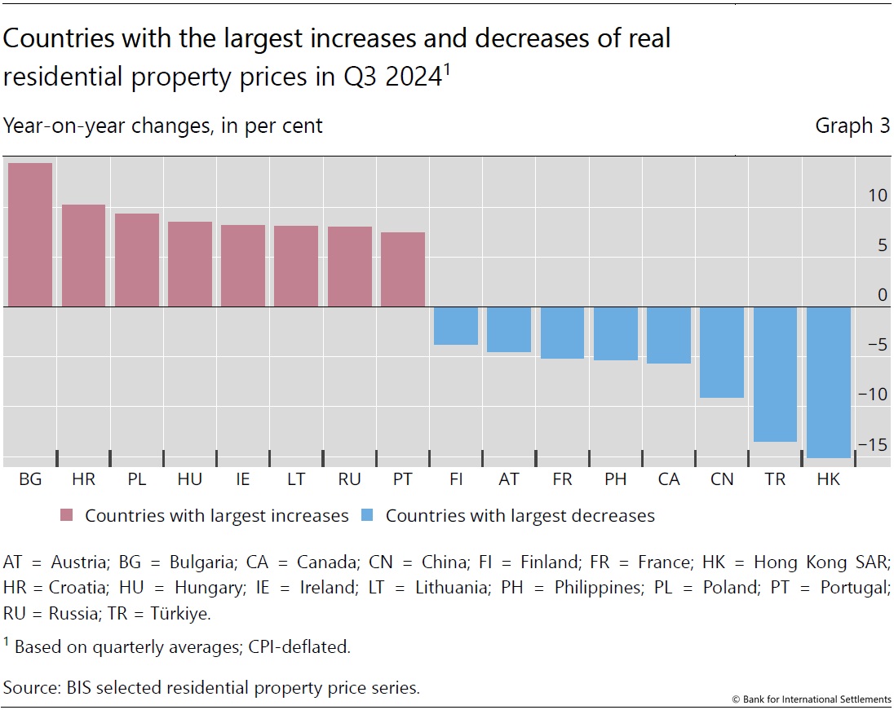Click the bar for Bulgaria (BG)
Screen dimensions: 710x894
click(30, 235)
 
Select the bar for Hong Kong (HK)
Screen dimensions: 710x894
click(828, 382)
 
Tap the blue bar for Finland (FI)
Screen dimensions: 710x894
click(455, 326)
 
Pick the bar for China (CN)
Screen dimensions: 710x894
click(722, 352)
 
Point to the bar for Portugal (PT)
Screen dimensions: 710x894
click(402, 270)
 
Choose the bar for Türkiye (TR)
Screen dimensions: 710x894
click(775, 374)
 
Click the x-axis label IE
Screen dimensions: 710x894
click(243, 480)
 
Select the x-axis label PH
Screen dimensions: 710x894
click(615, 480)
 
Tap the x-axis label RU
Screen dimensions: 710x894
click(349, 480)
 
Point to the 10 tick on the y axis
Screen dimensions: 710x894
click(877, 196)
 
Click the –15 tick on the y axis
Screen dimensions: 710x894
click(874, 445)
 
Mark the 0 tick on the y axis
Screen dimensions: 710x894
click(882, 295)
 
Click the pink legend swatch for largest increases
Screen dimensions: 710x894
click(67, 516)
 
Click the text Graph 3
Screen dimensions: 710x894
click(852, 126)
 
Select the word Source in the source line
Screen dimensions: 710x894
click(30, 687)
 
